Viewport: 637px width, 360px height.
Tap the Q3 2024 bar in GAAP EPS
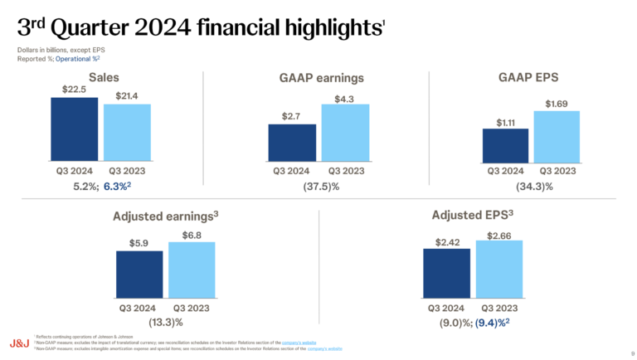tap(505, 145)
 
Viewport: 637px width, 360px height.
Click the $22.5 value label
tap(75, 90)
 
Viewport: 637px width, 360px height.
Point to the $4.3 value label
tap(345, 99)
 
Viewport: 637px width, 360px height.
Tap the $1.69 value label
tap(557, 104)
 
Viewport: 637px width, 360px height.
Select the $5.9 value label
tap(140, 244)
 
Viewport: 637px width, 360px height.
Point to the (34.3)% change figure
tap(533, 187)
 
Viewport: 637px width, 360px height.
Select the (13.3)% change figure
tap(165, 322)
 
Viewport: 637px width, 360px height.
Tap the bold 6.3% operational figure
tap(119, 187)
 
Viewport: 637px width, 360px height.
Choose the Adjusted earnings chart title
tap(165, 216)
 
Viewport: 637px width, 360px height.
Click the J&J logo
tap(19, 342)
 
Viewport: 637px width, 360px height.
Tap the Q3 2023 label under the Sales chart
tap(127, 170)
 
